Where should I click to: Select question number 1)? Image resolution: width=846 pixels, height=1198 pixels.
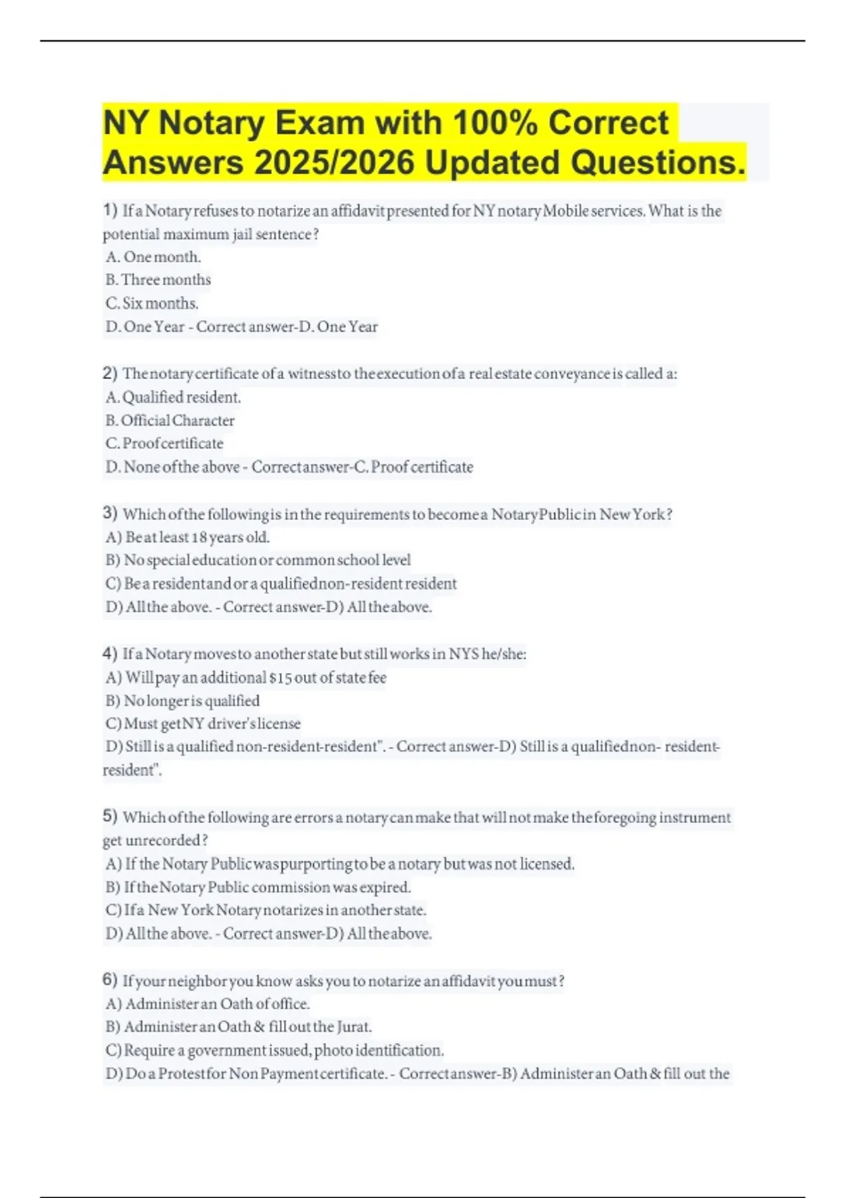click(110, 210)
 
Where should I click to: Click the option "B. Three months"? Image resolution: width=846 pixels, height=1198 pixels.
click(158, 280)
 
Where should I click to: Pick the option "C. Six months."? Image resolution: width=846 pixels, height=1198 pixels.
click(152, 303)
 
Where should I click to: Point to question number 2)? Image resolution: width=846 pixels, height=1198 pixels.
click(110, 373)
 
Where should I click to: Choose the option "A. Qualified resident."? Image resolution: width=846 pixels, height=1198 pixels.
click(173, 397)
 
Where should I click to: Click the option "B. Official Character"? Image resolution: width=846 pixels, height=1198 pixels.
click(170, 421)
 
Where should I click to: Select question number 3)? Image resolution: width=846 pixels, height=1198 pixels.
click(110, 513)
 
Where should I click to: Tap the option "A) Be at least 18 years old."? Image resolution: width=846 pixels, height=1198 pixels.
click(188, 537)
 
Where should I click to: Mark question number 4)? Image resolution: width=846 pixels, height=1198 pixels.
click(110, 653)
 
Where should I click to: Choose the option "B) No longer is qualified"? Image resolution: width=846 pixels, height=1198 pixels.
click(183, 700)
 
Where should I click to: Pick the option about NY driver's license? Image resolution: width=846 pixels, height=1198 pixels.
click(203, 724)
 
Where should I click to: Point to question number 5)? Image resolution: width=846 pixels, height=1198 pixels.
click(110, 816)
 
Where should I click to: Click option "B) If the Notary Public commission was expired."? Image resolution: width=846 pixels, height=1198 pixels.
click(258, 887)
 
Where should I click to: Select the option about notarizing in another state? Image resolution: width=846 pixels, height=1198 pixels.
click(266, 910)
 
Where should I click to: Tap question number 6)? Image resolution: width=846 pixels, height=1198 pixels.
click(110, 980)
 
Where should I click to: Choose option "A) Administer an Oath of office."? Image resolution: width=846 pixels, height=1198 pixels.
click(208, 1004)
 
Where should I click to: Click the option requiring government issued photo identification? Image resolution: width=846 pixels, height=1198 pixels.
click(275, 1050)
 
